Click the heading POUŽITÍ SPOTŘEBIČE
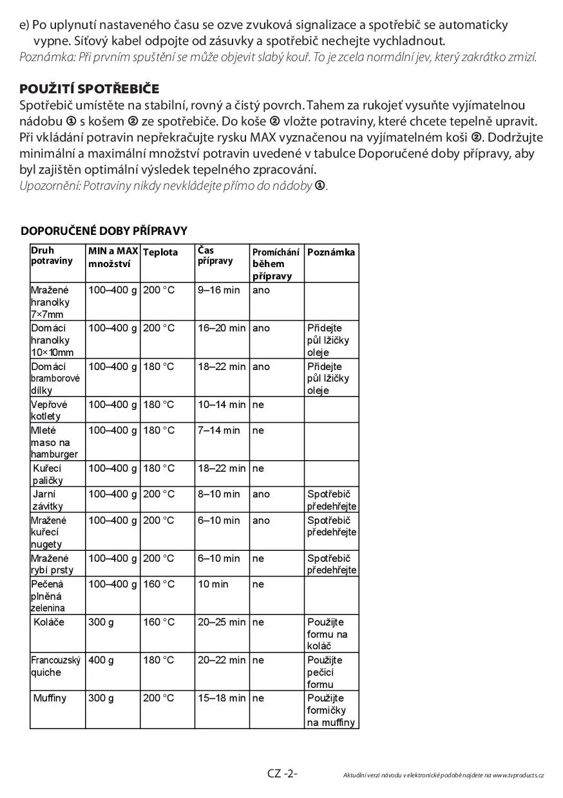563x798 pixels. [x=90, y=88]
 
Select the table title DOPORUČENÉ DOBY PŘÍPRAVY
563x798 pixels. [x=104, y=231]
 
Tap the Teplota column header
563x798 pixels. [x=160, y=252]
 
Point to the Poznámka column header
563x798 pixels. [x=331, y=252]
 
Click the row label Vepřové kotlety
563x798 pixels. [x=49, y=410]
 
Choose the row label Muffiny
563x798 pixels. [x=50, y=698]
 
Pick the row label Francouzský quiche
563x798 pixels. [x=56, y=666]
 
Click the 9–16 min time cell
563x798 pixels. [x=218, y=290]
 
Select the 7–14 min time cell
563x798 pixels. [x=218, y=430]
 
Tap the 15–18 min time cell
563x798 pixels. [x=222, y=698]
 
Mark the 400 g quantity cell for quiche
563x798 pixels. [x=101, y=660]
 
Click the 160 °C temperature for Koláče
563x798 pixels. [x=158, y=622]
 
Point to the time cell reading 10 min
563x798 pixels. [x=213, y=584]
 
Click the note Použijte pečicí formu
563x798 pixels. [x=325, y=672]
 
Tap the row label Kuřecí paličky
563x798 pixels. [x=48, y=474]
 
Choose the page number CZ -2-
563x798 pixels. [x=282, y=774]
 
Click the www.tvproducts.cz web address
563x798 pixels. [x=519, y=775]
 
